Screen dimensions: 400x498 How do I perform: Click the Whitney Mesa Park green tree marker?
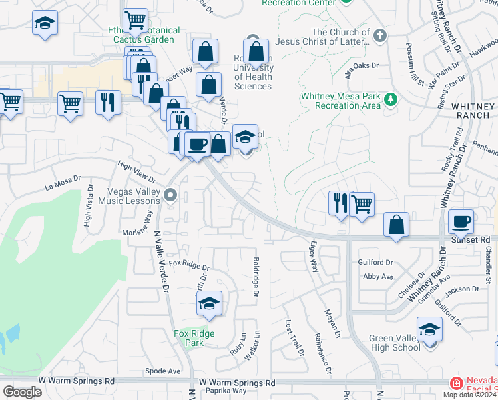coord(391,101)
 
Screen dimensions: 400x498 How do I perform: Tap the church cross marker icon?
coord(379,35)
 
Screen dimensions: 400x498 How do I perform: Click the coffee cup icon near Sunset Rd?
coord(461,221)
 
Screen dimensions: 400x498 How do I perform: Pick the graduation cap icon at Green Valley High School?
coord(430,329)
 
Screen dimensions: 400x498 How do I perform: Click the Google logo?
coord(22,392)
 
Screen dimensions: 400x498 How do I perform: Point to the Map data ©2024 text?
coord(469,395)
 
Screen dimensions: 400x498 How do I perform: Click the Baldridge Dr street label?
coord(256,277)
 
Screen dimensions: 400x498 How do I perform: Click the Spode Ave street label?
coord(162,371)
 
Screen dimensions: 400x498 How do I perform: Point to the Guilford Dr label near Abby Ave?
coord(376,263)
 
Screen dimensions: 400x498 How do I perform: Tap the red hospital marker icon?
coord(456,384)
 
